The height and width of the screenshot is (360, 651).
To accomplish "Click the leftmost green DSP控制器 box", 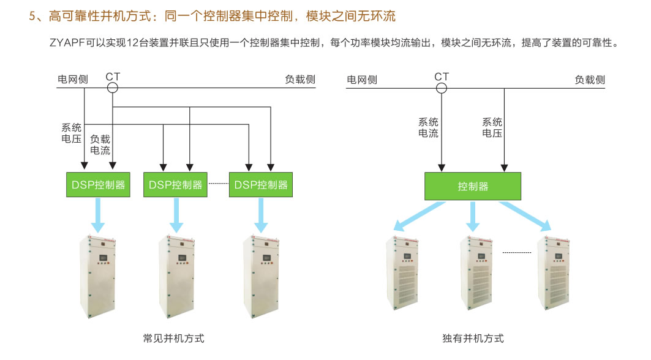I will point(98,184).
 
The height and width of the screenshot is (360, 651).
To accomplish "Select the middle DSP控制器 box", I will point(175,184).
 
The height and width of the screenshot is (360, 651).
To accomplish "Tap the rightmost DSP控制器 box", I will point(261,184).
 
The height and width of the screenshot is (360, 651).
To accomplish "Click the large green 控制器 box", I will point(473,186).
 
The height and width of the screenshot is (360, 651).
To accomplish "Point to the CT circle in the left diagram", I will point(113,88).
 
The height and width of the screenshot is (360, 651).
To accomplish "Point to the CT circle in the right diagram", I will point(442,88).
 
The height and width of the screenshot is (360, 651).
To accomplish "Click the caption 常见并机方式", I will point(173,338).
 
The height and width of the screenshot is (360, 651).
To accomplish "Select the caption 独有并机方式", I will point(473,338).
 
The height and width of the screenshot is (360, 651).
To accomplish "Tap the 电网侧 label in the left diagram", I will point(73,80).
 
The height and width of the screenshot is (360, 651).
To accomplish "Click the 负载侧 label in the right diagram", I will point(590,80).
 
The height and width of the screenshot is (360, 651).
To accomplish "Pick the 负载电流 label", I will point(100,144).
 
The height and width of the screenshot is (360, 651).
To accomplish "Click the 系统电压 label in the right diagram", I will point(492,127).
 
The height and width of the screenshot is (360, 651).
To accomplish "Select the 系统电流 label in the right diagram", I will point(428,127).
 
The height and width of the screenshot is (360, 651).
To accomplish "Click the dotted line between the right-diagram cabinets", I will point(516,252).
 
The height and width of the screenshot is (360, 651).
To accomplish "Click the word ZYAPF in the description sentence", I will point(67,43).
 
